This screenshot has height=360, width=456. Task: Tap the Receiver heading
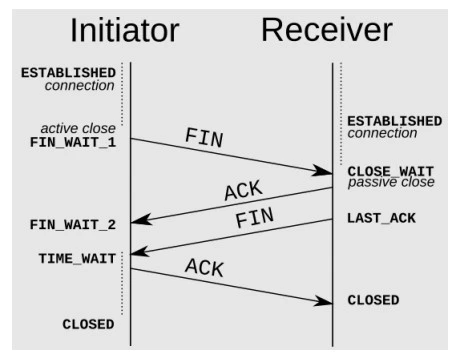327,31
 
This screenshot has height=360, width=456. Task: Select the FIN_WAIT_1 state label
72,143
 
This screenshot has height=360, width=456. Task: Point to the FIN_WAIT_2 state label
72,225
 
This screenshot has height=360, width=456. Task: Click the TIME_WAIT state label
77,257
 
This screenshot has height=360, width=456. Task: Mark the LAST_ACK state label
381,217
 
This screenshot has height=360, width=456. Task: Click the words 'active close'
79,129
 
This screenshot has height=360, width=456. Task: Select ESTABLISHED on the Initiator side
67,73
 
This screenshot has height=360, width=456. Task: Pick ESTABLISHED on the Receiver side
394,121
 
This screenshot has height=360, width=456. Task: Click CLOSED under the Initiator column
88,324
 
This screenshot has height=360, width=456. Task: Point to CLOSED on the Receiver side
373,300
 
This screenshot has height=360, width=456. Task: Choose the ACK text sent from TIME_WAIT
204,267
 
